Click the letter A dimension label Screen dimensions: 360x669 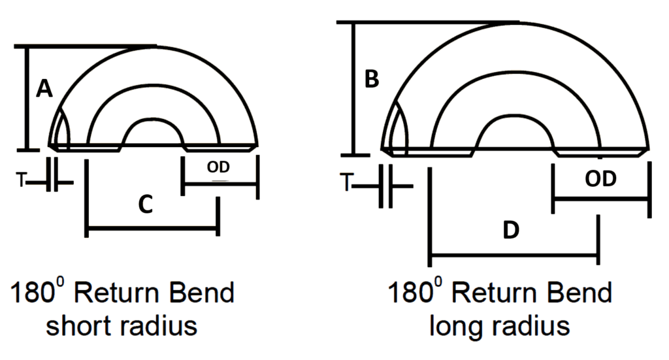[44, 88]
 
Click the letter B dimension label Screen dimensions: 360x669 [371, 79]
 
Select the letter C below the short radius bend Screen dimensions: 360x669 [146, 205]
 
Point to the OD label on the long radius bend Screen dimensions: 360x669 [599, 179]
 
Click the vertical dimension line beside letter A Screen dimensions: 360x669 [27, 98]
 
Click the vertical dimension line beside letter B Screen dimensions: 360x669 [353, 88]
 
